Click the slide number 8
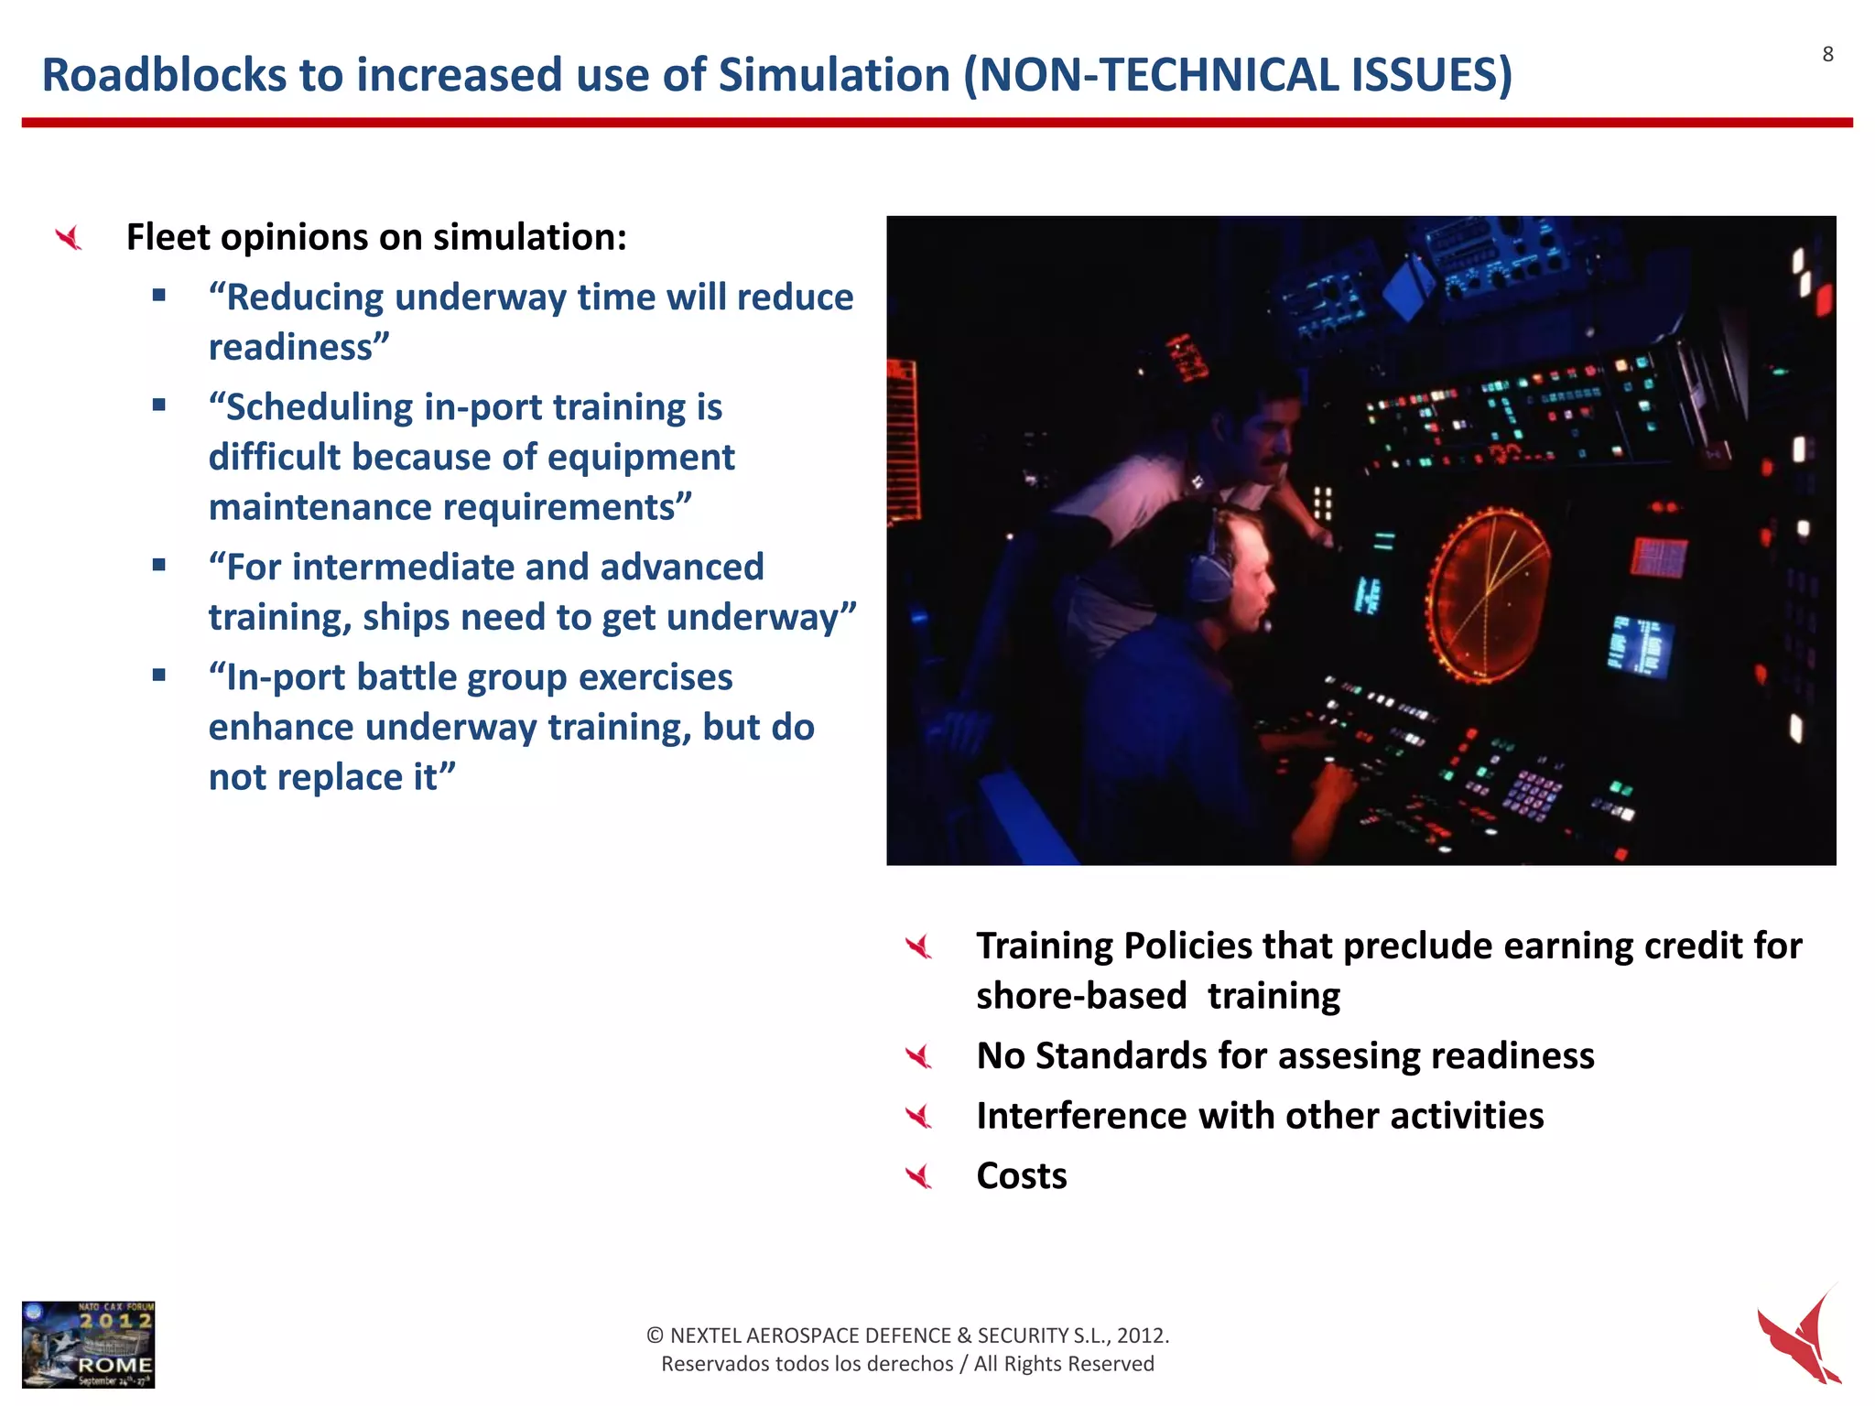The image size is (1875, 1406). pos(1827,55)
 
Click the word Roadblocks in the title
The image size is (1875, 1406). pos(163,75)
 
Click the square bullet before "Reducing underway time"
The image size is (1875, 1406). pos(159,295)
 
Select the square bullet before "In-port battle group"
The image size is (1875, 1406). pos(159,676)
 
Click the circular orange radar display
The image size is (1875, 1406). pos(1489,595)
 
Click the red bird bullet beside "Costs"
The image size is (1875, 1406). pos(918,1176)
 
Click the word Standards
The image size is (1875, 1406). pos(1122,1056)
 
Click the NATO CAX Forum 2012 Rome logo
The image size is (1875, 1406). pos(89,1344)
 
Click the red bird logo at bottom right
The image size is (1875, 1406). pos(1800,1336)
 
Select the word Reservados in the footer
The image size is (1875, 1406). pos(715,1364)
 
